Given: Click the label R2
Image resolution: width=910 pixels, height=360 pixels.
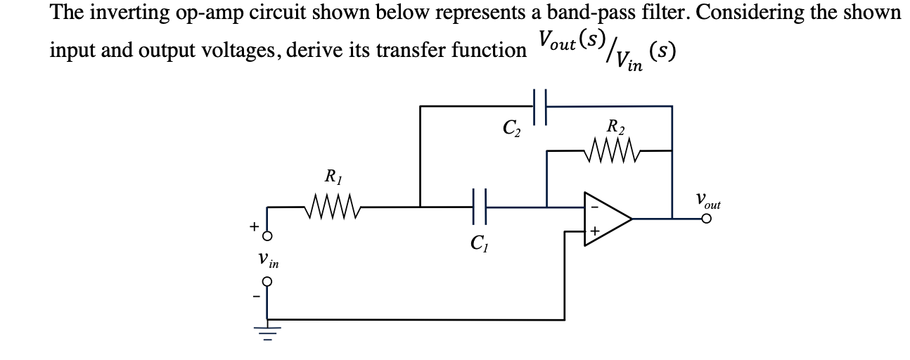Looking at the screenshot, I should coord(615,127).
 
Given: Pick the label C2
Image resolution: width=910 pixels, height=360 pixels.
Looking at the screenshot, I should coord(511,129).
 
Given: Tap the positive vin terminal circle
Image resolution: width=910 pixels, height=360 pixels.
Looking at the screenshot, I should coord(267,235).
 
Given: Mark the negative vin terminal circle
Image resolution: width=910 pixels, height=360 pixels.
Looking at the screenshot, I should coord(267,281).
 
